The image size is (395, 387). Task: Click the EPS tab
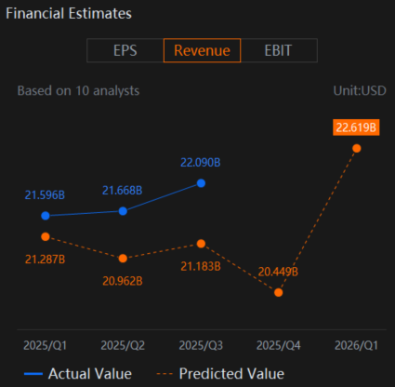(125, 50)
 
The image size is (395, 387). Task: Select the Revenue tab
(202, 50)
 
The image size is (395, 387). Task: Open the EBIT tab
(278, 50)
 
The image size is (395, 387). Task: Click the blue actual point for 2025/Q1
(46, 216)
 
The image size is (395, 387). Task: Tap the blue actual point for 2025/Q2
(123, 211)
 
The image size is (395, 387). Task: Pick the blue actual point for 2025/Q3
(201, 183)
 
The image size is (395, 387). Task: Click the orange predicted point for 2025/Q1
(46, 237)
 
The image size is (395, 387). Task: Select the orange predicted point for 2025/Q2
(123, 259)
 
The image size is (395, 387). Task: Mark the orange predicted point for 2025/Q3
(201, 244)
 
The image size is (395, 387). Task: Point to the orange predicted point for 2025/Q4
(279, 292)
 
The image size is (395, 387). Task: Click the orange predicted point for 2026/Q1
(357, 149)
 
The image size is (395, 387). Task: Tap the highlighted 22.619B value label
(356, 127)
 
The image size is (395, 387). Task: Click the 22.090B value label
(201, 163)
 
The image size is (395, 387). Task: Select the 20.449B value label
(278, 272)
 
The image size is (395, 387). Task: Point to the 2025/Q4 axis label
(279, 345)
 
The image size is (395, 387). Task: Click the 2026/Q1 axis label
(356, 345)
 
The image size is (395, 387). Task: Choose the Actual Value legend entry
(78, 374)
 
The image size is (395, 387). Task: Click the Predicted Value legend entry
(220, 374)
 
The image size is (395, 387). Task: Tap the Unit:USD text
(360, 91)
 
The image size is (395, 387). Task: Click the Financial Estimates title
(69, 14)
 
